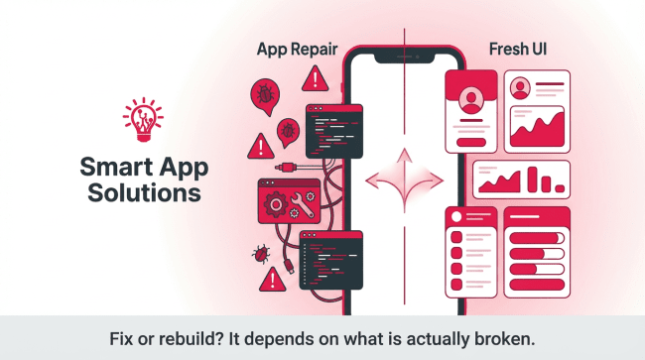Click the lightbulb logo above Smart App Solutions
tap(143, 120)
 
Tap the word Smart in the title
tap(116, 168)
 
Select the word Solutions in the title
tap(145, 192)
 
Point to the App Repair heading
tap(297, 50)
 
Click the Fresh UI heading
tap(518, 50)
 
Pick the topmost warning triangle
tap(316, 78)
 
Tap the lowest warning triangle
tap(272, 280)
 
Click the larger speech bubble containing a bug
tap(265, 96)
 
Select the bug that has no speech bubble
tap(261, 254)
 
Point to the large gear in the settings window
tap(276, 204)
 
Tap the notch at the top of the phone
tap(404, 58)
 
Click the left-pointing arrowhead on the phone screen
tap(372, 180)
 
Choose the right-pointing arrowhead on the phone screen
tap(436, 180)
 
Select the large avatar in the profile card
tap(471, 100)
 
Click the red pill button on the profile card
tap(471, 143)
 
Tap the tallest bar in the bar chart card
tap(532, 180)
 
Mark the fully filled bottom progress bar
tap(537, 285)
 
